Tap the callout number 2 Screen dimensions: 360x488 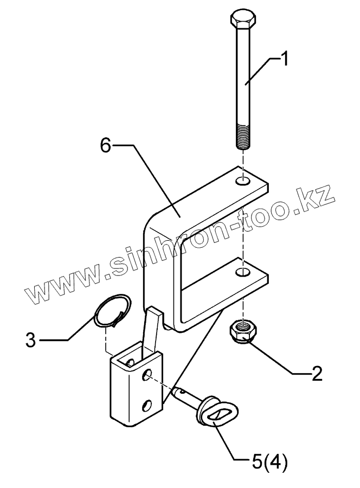click(317, 373)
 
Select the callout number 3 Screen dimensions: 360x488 click(31, 341)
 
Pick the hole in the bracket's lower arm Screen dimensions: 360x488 click(244, 270)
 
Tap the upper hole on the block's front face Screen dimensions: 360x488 click(147, 374)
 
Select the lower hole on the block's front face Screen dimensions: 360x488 click(147, 404)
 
